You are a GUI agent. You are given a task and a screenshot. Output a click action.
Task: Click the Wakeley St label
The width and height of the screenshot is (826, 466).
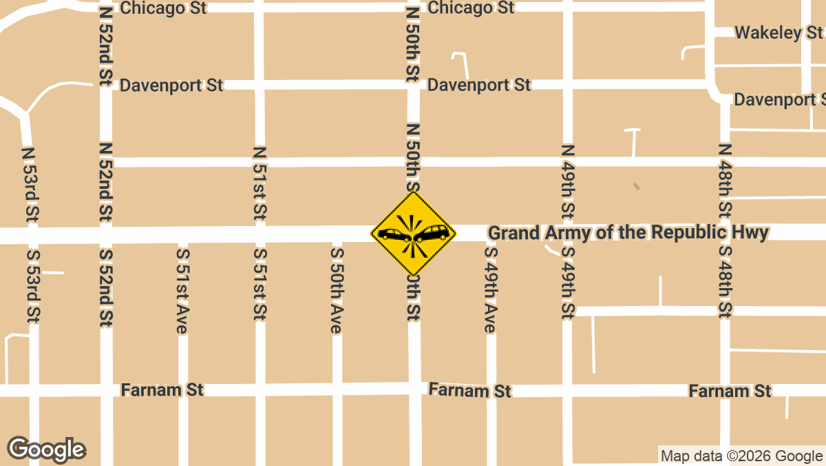click(x=778, y=32)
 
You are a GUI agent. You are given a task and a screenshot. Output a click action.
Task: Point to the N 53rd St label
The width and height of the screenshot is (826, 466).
click(x=28, y=185)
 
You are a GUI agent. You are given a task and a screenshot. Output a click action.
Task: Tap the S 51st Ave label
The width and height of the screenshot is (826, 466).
click(x=182, y=290)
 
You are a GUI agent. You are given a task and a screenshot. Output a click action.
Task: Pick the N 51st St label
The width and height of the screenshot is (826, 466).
click(x=260, y=183)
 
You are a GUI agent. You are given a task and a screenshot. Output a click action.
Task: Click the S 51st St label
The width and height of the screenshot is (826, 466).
click(x=260, y=283)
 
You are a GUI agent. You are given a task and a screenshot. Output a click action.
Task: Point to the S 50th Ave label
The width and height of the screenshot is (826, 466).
click(x=337, y=290)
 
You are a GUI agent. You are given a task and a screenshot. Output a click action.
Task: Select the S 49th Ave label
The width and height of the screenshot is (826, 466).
click(x=490, y=290)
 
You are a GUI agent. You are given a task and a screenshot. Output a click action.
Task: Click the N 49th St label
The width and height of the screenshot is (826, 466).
click(x=567, y=181)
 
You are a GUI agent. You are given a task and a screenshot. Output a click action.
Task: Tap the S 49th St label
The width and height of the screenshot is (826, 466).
click(x=567, y=283)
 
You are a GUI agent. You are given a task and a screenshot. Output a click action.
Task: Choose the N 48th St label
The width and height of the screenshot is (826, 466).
click(x=724, y=181)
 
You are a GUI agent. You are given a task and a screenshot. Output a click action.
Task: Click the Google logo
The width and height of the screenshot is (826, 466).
click(x=47, y=449)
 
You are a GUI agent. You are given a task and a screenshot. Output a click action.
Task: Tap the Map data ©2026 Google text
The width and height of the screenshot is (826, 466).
click(x=741, y=456)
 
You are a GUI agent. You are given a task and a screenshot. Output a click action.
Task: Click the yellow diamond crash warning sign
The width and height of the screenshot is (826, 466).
click(x=413, y=233)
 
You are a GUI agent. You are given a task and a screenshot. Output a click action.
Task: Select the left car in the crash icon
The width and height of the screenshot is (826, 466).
click(x=393, y=235)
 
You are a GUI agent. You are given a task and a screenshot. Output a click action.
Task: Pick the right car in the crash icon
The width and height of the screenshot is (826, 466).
click(x=433, y=234)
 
